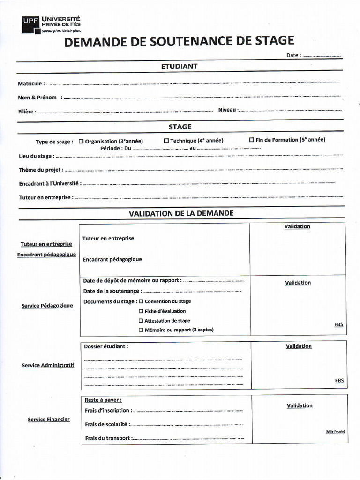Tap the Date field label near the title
[293, 55]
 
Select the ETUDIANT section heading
[179, 67]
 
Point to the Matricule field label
[31, 83]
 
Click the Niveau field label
[228, 110]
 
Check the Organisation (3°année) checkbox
[82, 141]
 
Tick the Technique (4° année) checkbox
[166, 141]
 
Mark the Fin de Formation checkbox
[252, 140]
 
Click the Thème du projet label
[41, 170]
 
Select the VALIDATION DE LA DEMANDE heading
[181, 213]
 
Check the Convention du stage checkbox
[141, 301]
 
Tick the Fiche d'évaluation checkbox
[141, 311]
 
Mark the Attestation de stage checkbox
[141, 321]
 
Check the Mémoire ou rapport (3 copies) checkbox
[141, 330]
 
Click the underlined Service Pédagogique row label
[47, 306]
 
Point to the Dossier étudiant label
[105, 346]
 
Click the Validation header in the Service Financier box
[300, 405]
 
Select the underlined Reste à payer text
[103, 400]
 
